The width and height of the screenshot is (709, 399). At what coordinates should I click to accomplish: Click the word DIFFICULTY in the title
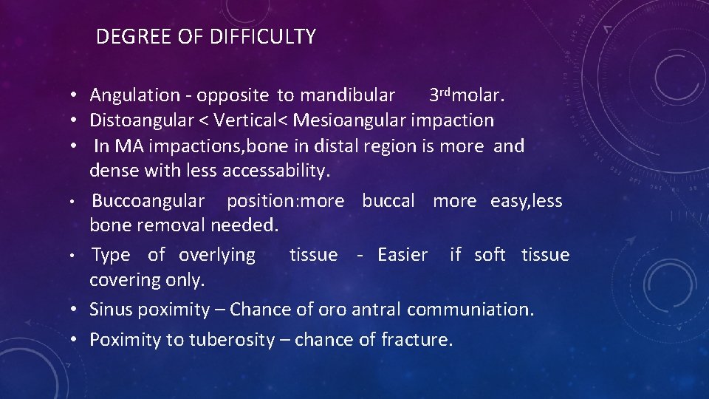click(263, 37)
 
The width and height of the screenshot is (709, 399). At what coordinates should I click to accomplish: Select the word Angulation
click(134, 95)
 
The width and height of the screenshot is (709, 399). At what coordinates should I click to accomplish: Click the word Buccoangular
click(148, 201)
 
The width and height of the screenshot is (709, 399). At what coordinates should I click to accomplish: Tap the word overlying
click(217, 256)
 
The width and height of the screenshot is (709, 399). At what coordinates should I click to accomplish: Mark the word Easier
click(403, 255)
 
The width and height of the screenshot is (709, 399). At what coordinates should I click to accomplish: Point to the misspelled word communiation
click(470, 310)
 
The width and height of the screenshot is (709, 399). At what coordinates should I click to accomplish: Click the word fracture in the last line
click(417, 340)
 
